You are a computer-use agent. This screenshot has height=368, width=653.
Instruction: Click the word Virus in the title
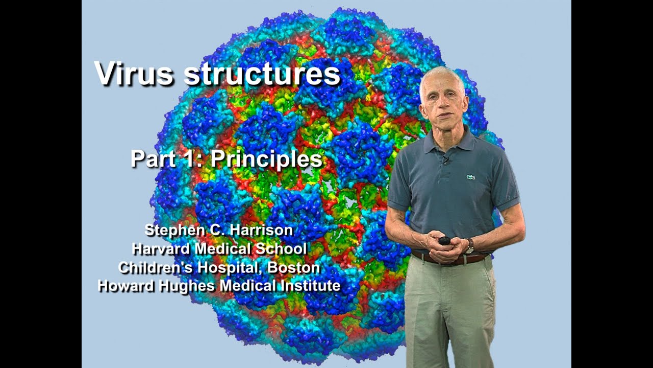134,74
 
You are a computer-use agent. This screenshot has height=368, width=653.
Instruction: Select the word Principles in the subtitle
266,159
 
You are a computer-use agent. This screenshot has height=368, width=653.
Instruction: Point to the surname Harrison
261,230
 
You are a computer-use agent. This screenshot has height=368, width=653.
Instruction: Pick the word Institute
311,286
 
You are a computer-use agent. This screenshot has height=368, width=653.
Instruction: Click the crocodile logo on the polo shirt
470,177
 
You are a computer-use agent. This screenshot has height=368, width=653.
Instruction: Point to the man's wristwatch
470,245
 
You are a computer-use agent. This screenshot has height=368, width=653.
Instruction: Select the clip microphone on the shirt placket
445,162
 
